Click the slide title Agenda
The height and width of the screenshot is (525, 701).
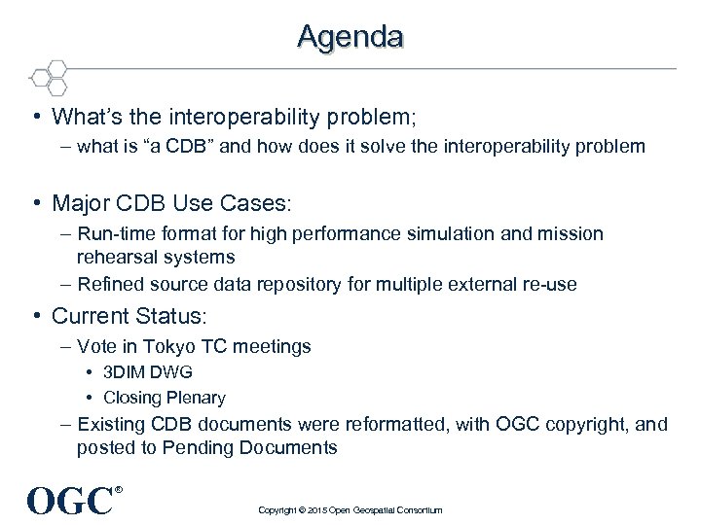click(350, 36)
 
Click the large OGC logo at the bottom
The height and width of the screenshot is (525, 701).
click(70, 501)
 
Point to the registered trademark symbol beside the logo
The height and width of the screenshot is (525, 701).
click(120, 490)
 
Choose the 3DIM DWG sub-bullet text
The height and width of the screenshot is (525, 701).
click(148, 372)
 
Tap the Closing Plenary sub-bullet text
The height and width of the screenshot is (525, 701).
click(164, 398)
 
